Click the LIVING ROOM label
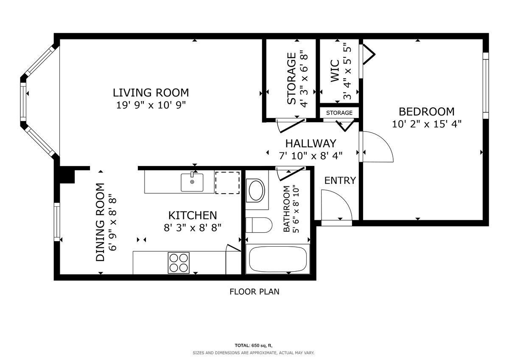(151, 92)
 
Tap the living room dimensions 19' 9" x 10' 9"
(151, 105)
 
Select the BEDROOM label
(426, 112)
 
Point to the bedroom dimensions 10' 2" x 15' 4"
(426, 124)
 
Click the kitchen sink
(192, 183)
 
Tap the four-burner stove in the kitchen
(179, 262)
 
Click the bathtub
(278, 259)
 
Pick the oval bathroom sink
(256, 191)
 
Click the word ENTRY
(340, 180)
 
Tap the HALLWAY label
(310, 143)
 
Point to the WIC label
(335, 70)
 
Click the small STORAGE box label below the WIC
(339, 113)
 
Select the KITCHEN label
(193, 215)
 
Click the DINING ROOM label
(100, 222)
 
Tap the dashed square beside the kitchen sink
(228, 183)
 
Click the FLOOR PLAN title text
(254, 292)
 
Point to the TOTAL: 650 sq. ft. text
(254, 345)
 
